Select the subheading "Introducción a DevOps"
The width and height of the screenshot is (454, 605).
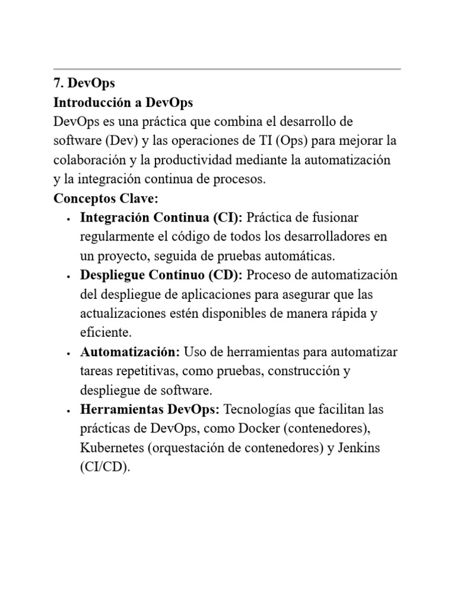point(123,103)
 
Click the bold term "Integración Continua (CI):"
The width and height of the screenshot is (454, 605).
point(161,217)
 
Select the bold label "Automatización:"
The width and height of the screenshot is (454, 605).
point(130,352)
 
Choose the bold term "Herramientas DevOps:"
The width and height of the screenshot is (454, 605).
point(150,409)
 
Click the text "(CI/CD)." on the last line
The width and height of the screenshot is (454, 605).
point(105,467)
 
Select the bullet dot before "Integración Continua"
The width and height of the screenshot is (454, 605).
point(69,219)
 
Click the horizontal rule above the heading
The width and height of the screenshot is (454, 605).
point(227,69)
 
